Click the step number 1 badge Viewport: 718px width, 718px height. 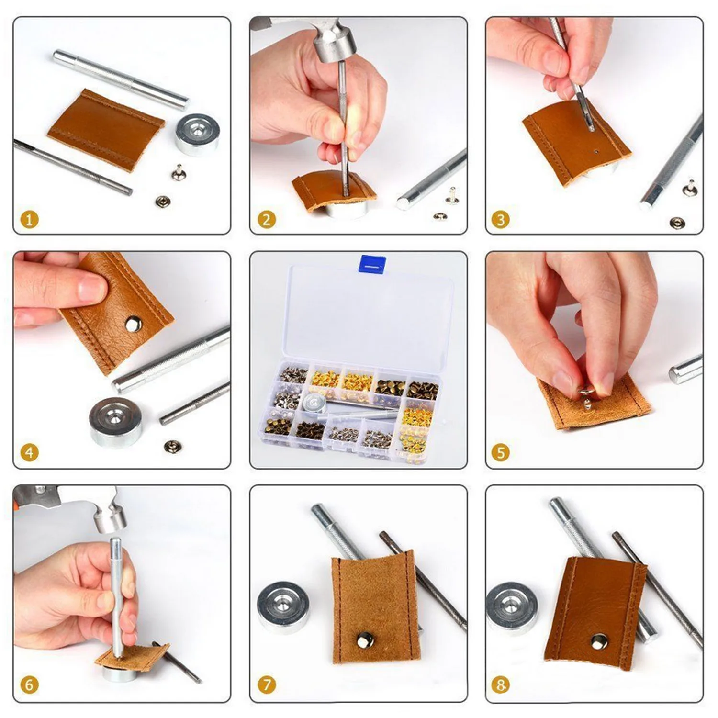tap(29, 220)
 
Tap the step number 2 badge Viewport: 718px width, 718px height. tap(267, 220)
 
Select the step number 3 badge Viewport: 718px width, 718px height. tap(501, 220)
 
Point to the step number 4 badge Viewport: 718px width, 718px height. tap(29, 452)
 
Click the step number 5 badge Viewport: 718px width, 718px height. tap(501, 452)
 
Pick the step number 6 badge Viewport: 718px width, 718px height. tap(29, 685)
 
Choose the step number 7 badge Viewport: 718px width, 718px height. tap(267, 685)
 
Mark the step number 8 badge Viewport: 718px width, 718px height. tap(501, 685)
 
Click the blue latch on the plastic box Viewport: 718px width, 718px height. tap(372, 264)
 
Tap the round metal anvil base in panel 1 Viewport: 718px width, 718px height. tap(197, 135)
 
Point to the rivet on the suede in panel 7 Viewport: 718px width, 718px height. tap(365, 639)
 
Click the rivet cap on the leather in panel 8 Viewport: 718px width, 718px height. tap(598, 641)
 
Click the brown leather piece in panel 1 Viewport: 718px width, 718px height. tap(106, 128)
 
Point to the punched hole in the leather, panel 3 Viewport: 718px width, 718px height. tap(596, 152)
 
